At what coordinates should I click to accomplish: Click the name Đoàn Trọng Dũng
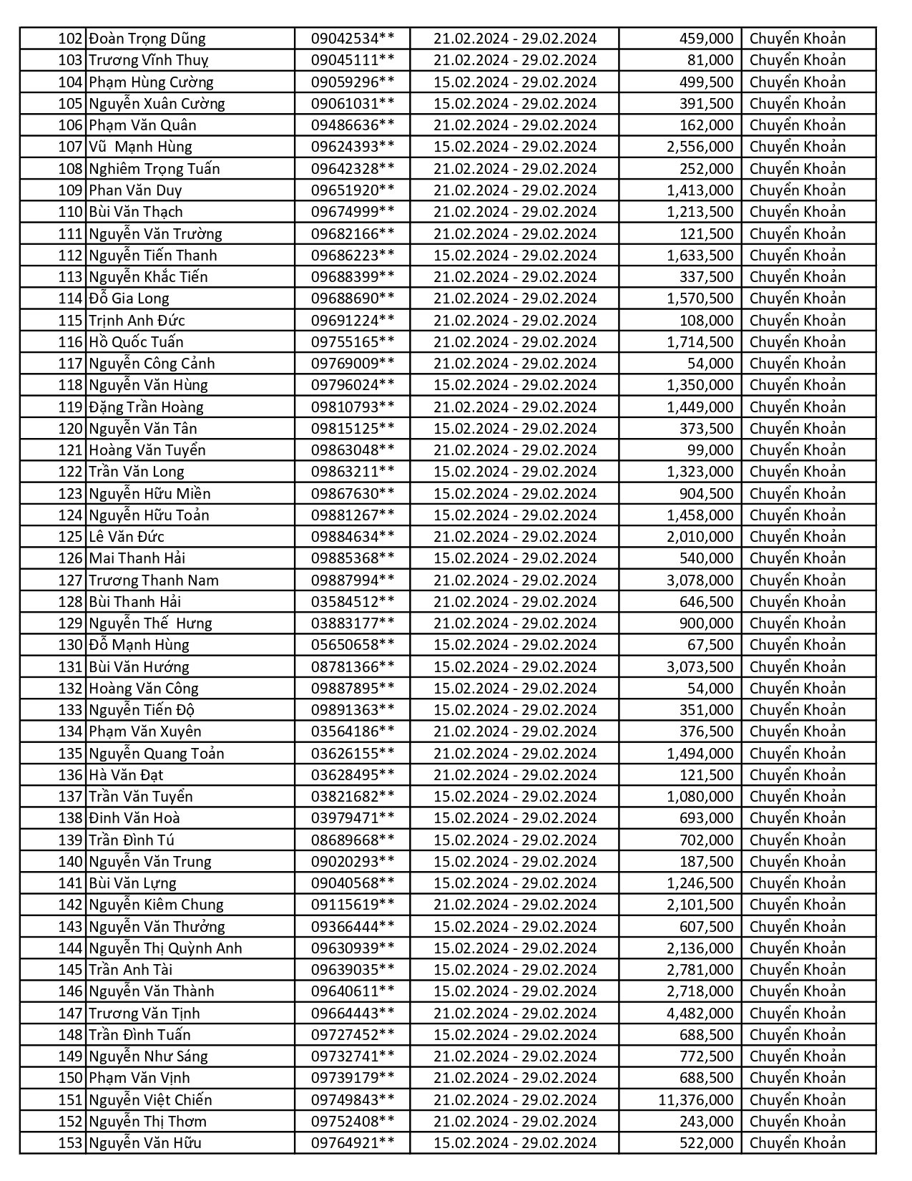click(x=147, y=39)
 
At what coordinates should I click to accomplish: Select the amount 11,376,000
click(x=695, y=1099)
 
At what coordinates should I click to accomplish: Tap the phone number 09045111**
click(x=352, y=60)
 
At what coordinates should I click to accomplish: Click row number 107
click(x=70, y=147)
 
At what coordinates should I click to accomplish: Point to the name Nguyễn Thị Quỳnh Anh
click(x=165, y=948)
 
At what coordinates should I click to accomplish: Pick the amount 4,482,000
click(x=700, y=1013)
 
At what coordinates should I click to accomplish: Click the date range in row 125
click(x=514, y=537)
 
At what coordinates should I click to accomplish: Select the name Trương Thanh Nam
click(x=154, y=580)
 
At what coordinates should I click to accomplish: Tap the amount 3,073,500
click(x=700, y=666)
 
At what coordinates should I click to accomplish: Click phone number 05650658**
click(x=352, y=645)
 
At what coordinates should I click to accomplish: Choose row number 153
click(x=70, y=1143)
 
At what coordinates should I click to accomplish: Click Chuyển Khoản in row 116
click(x=797, y=342)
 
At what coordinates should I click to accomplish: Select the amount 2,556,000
click(x=700, y=147)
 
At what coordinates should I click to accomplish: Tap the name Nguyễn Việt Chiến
click(x=150, y=1099)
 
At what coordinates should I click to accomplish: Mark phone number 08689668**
click(x=352, y=840)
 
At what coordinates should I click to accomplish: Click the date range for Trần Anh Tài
click(x=514, y=970)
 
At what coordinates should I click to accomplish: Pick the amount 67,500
click(x=710, y=645)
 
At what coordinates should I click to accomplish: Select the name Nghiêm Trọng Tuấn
click(x=155, y=169)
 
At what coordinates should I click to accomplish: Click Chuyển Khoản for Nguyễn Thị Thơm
click(x=797, y=1122)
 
